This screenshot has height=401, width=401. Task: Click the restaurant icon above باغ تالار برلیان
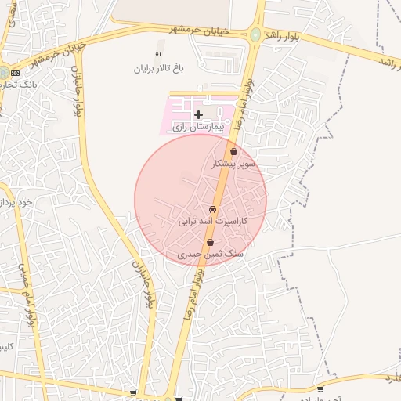[159, 55]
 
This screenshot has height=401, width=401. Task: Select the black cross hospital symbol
[198, 114]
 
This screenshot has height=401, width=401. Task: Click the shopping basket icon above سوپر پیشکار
[233, 152]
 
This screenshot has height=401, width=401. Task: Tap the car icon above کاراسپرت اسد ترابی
[213, 209]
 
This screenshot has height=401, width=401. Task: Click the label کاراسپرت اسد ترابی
[213, 222]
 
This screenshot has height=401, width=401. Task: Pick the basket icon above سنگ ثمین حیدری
[210, 243]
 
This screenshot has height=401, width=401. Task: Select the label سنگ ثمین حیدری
[211, 255]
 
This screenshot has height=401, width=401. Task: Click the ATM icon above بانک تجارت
[15, 73]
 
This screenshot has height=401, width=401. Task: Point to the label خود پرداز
[16, 201]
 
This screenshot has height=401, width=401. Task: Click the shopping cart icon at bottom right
[320, 388]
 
